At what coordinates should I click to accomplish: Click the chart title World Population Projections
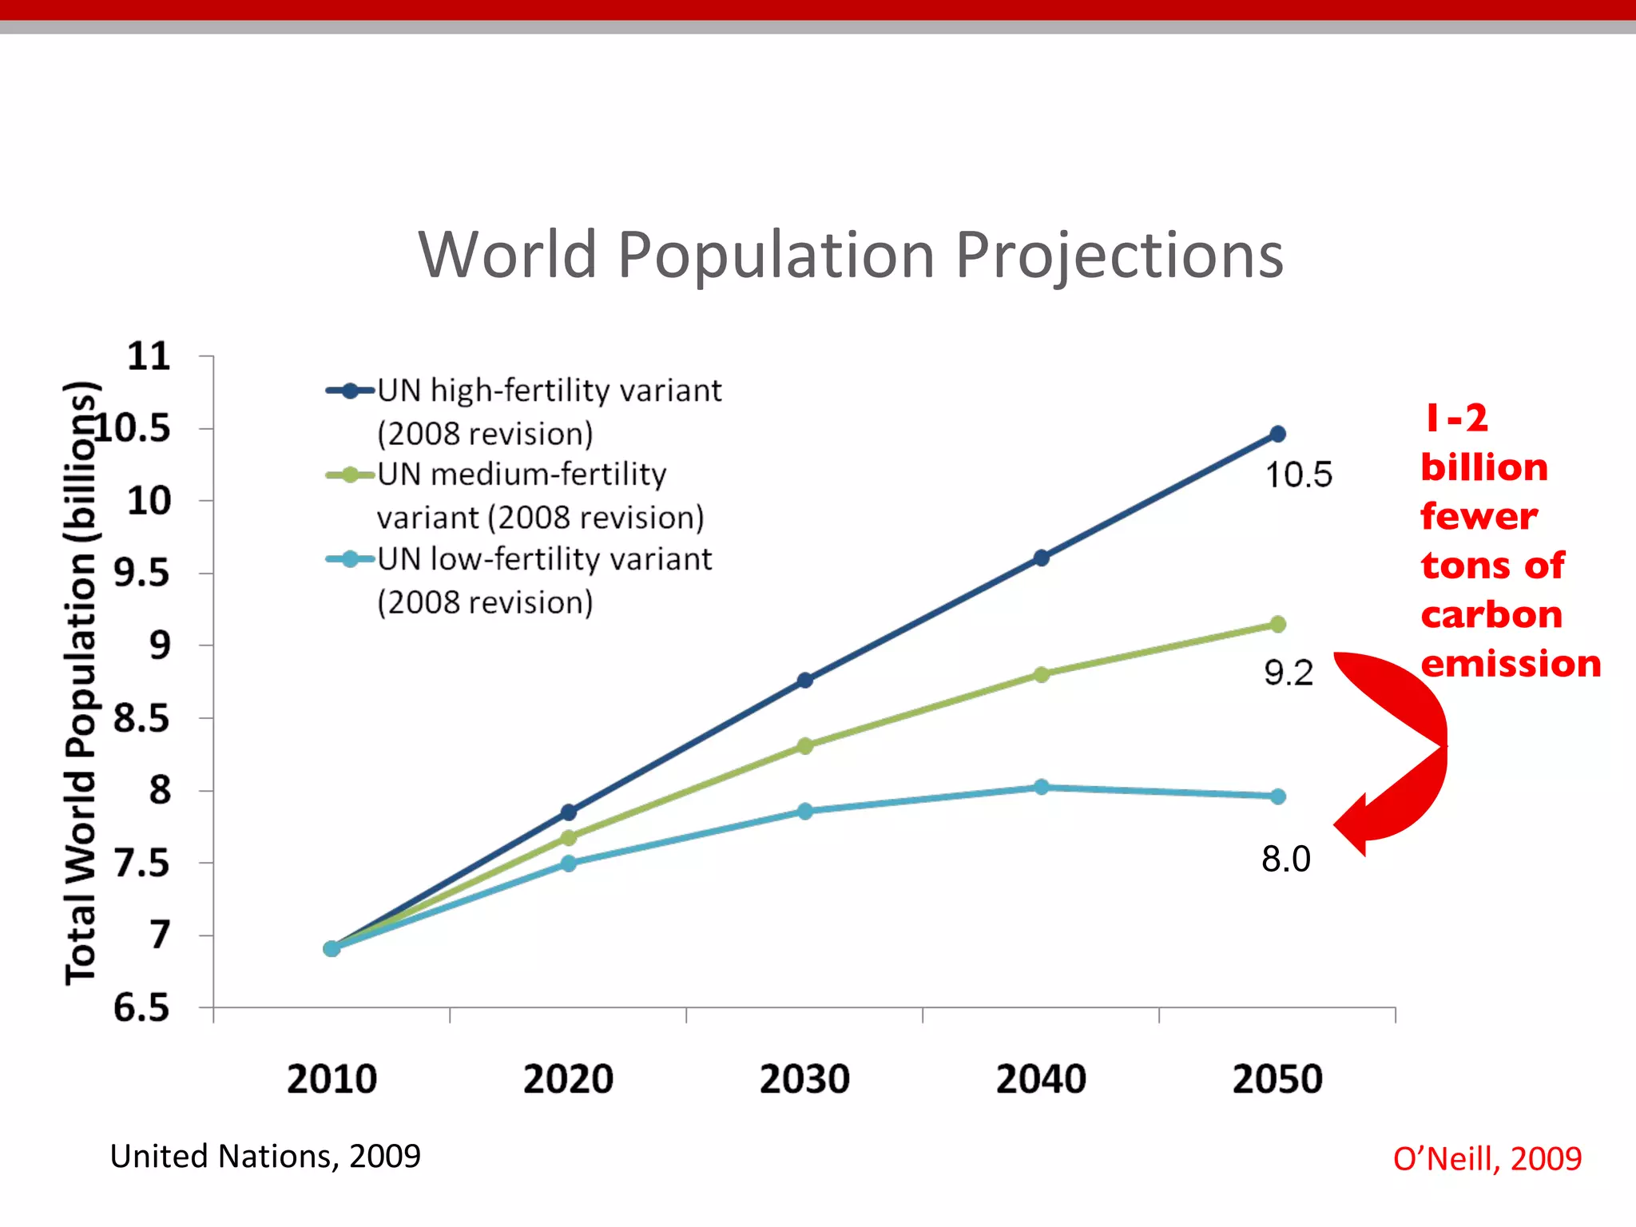click(851, 256)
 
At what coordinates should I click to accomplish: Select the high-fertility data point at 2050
click(1277, 434)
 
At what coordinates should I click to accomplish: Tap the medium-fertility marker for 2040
click(1041, 675)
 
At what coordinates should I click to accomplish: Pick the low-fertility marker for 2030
click(805, 812)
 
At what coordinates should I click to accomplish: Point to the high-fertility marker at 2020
click(569, 812)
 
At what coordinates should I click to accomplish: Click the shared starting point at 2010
click(332, 948)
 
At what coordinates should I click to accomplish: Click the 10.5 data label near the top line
click(1299, 475)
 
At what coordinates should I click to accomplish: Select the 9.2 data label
click(1288, 673)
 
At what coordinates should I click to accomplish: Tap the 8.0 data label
click(1285, 860)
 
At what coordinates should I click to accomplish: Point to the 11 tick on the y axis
click(149, 356)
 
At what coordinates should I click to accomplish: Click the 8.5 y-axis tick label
click(141, 718)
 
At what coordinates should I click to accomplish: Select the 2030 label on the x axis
click(804, 1079)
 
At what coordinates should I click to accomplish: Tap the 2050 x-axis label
click(1277, 1079)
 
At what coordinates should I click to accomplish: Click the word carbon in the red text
click(1491, 615)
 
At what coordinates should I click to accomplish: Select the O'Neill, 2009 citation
click(1487, 1158)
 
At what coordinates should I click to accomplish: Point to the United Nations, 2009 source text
click(265, 1156)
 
